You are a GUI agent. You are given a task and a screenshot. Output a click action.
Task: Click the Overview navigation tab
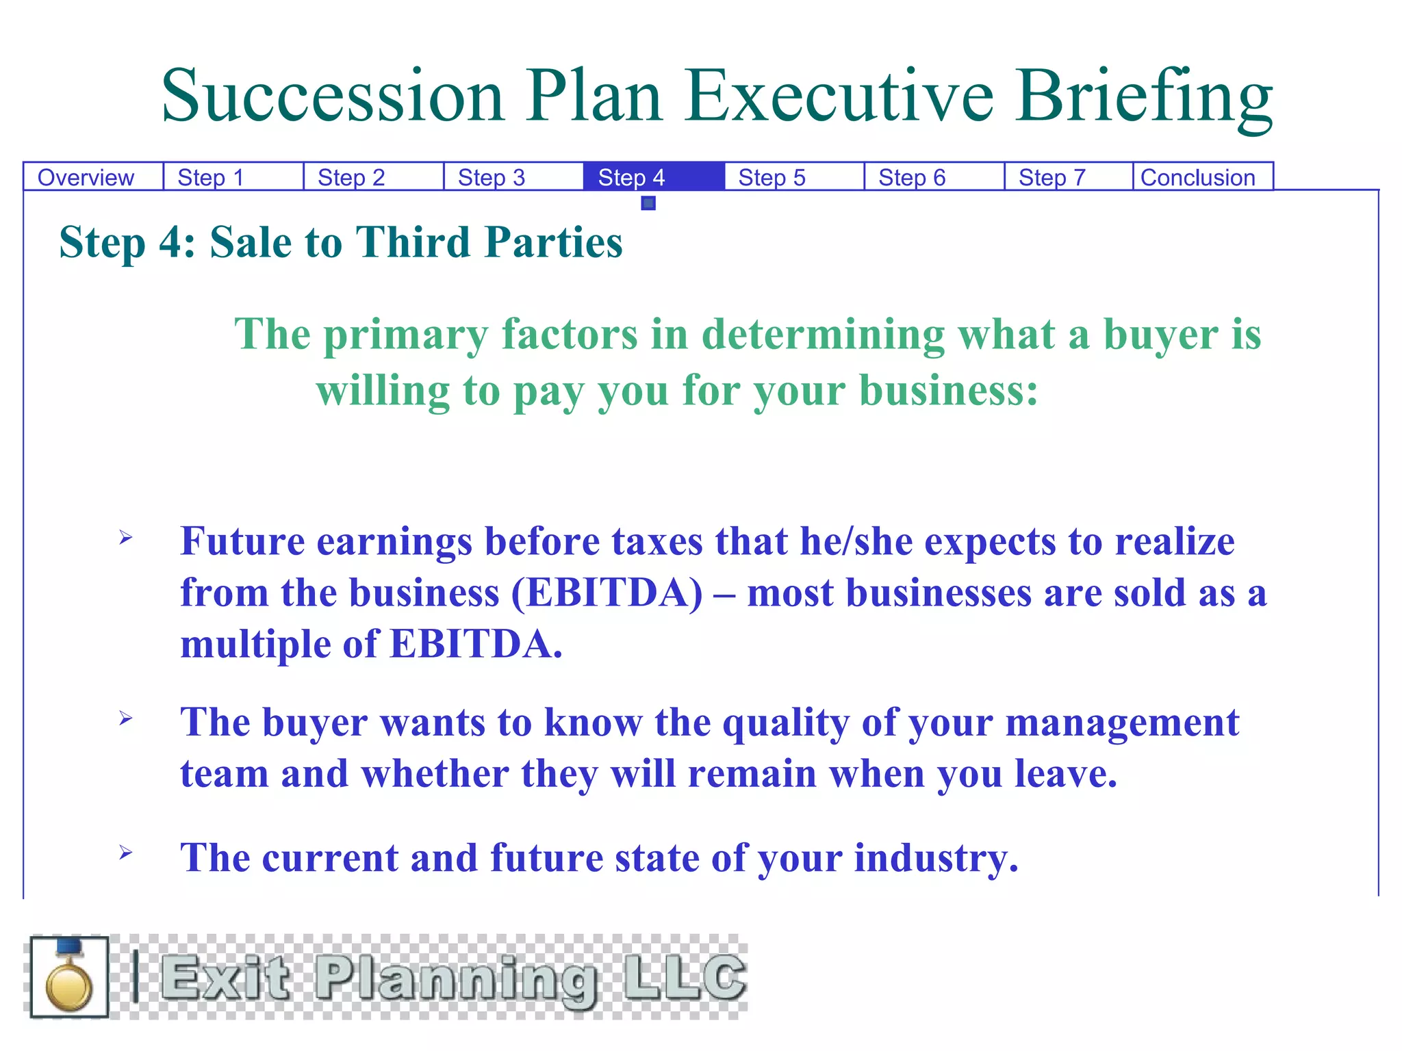pyautogui.click(x=86, y=177)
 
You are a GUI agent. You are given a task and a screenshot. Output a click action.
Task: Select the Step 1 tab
pyautogui.click(x=211, y=177)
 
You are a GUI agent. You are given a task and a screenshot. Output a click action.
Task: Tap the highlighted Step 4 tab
pyautogui.click(x=631, y=177)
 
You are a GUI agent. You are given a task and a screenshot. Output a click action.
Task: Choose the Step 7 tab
pyautogui.click(x=1052, y=177)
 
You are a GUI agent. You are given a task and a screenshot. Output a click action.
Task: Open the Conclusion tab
pyautogui.click(x=1198, y=177)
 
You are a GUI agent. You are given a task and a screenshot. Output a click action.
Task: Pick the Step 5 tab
pyautogui.click(x=772, y=177)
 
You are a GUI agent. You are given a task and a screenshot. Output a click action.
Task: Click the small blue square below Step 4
pyautogui.click(x=648, y=203)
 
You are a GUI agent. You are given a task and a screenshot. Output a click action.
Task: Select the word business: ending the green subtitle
pyautogui.click(x=948, y=391)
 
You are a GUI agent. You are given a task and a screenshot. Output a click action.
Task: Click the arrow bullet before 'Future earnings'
pyautogui.click(x=125, y=538)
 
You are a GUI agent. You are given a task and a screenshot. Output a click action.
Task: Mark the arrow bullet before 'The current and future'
pyautogui.click(x=125, y=852)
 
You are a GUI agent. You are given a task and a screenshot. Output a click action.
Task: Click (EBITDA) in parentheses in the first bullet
pyautogui.click(x=607, y=593)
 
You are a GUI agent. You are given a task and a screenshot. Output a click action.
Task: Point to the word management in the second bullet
pyautogui.click(x=1122, y=723)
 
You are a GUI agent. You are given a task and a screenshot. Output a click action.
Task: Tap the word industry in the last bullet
pyautogui.click(x=935, y=858)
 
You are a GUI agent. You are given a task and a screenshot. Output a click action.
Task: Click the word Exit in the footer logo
pyautogui.click(x=226, y=977)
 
